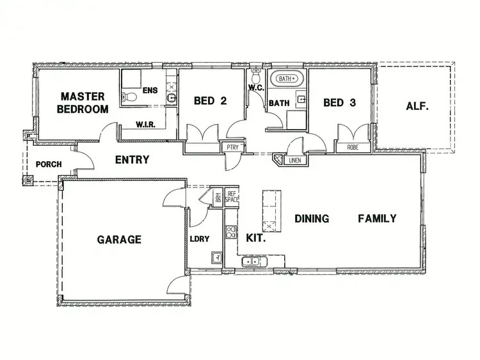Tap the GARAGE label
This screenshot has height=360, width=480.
coord(119,240)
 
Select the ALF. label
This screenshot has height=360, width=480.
coord(417,107)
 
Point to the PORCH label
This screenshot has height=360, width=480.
coord(49,164)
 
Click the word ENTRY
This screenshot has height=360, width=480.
coord(132,160)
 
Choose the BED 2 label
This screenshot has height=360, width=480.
coord(211,101)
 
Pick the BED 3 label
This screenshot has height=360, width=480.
coord(339,102)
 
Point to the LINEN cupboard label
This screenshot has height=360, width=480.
coord(294,160)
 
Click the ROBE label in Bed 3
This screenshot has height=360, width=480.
coord(353,147)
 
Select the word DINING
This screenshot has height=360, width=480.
coord(312,219)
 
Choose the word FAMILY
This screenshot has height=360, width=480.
coord(376,219)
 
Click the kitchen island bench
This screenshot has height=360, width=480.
coord(270,210)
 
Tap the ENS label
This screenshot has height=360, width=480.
coord(150,90)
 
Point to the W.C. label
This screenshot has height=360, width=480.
coord(256,88)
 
